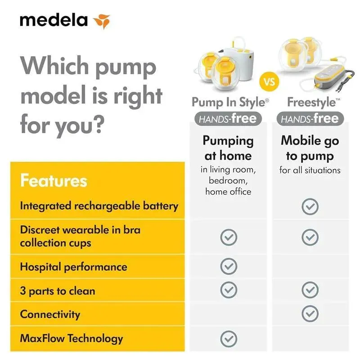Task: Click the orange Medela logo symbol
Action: [102, 21]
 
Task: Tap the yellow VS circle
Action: [269, 81]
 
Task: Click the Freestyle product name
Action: [313, 103]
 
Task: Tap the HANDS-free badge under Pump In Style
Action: [228, 119]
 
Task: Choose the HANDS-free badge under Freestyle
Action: [310, 119]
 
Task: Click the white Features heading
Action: [54, 180]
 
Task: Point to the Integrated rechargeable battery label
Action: [99, 206]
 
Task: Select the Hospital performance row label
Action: [73, 267]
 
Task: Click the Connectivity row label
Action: [50, 314]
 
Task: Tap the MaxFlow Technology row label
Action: [72, 338]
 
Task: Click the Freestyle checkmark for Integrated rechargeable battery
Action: [310, 207]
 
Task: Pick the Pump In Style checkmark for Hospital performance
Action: [229, 266]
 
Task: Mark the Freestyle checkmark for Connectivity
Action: [310, 314]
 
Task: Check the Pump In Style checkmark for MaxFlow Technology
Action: [229, 339]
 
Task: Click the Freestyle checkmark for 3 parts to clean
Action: [310, 290]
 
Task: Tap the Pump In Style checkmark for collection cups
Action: [229, 237]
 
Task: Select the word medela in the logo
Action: [54, 20]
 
